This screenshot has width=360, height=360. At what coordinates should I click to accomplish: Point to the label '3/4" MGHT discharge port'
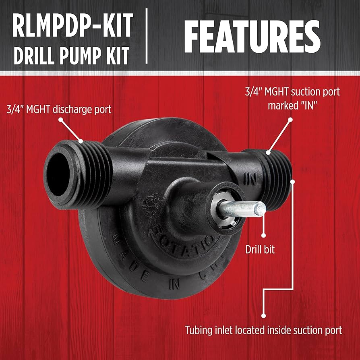pos(59,109)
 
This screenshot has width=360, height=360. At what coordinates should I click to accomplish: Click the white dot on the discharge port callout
pos(61,120)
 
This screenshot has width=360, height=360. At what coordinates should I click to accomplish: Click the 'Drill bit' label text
pos(260,250)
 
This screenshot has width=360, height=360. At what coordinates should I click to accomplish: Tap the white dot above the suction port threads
pos(290,120)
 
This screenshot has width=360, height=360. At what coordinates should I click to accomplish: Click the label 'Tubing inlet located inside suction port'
pos(263,330)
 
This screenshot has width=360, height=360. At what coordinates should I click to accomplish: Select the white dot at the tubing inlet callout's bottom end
pos(263,316)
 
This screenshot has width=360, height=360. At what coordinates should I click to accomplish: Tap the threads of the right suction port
pos(280,177)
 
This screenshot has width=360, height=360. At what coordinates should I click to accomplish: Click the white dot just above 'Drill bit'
pos(263,236)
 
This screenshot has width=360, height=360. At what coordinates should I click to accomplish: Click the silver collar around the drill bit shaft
pos(219,211)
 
